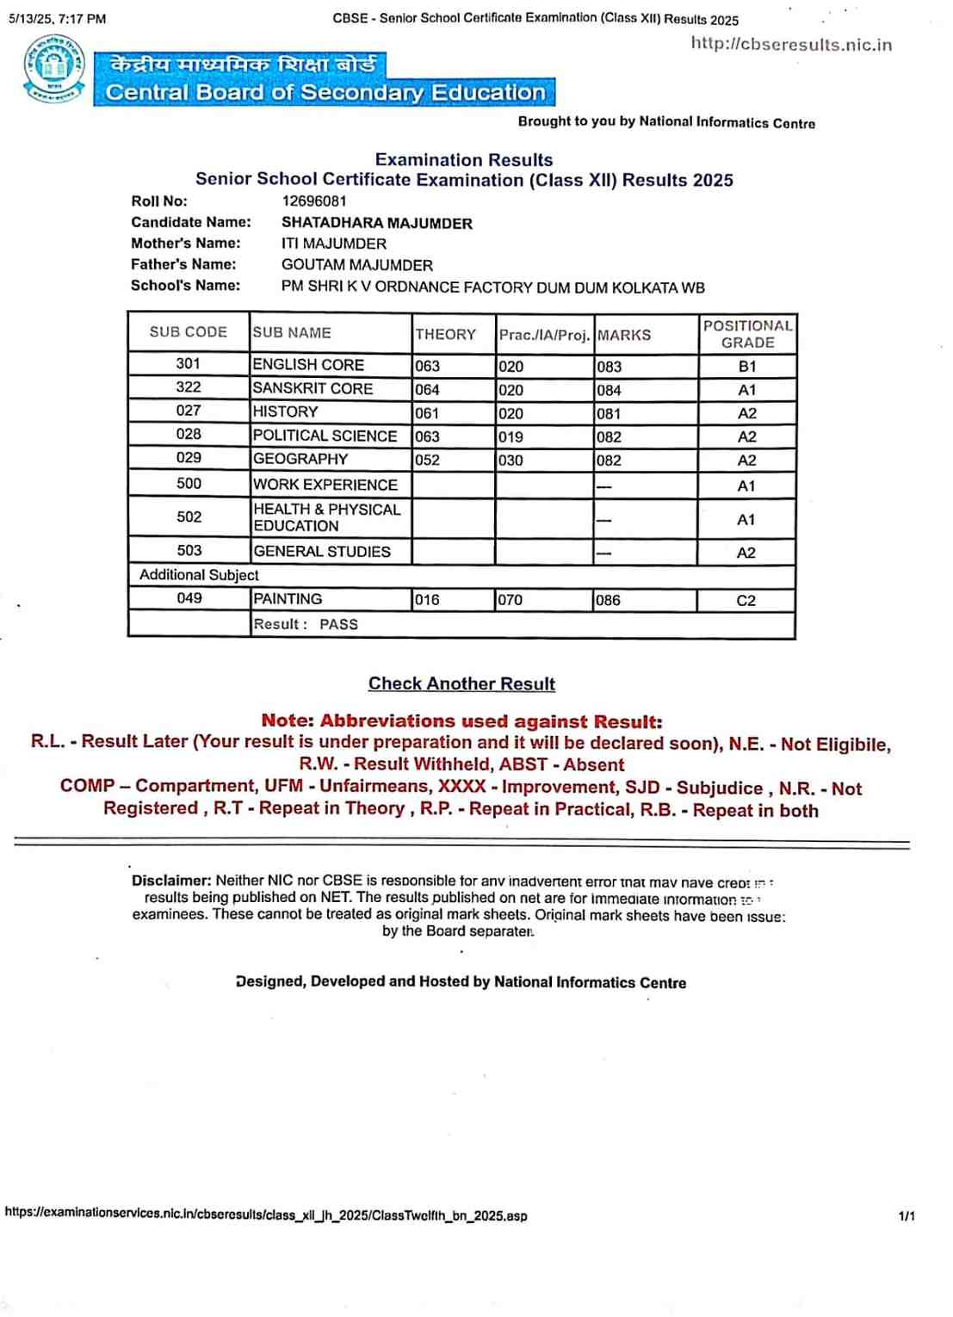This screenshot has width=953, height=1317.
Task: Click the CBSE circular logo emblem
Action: tap(54, 69)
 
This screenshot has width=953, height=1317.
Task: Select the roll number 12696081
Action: tap(314, 201)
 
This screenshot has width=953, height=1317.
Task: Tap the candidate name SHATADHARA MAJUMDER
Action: tap(376, 223)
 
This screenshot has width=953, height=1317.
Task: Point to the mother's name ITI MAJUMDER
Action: tap(333, 244)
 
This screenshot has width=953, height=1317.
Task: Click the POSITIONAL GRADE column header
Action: tap(747, 334)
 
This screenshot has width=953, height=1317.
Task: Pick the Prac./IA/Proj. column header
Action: tap(544, 335)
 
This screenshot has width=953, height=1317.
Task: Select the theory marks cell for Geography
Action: tap(427, 461)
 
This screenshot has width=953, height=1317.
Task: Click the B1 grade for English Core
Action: tap(746, 367)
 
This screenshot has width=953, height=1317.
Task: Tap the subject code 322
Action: tap(189, 387)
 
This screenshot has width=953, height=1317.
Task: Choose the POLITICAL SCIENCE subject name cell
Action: tap(325, 436)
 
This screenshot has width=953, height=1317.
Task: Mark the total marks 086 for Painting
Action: tap(608, 600)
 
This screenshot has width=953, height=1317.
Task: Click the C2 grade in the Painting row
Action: tap(746, 601)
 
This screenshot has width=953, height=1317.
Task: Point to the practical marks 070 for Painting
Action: tap(510, 600)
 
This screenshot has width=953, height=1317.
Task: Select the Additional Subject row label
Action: tap(199, 575)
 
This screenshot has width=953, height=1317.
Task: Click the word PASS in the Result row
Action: tap(338, 624)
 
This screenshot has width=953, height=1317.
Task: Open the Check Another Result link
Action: tap(461, 683)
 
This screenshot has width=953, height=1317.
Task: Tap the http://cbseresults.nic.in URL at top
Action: tap(790, 45)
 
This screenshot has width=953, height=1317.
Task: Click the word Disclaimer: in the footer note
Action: tap(171, 881)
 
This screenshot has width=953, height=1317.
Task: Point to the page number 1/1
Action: tap(907, 1216)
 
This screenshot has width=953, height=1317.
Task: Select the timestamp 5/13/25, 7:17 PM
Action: tap(58, 18)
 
